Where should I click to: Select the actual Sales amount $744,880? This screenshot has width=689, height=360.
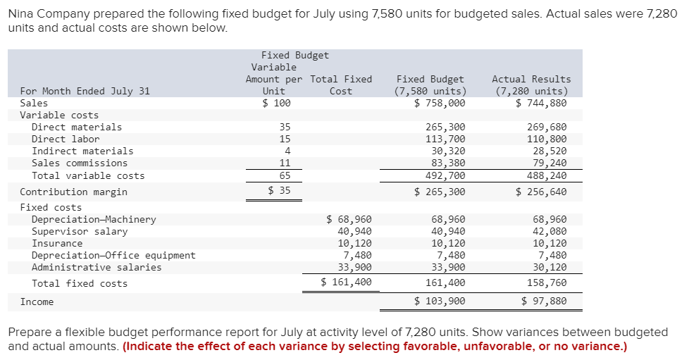[x=541, y=104]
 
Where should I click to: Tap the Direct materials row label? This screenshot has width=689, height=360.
[x=77, y=128]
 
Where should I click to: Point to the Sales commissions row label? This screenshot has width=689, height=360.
[x=80, y=163]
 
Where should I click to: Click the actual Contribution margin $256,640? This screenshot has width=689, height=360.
[x=541, y=192]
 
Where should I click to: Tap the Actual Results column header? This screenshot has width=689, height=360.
[x=531, y=79]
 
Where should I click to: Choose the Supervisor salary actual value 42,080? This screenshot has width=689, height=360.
[x=550, y=231]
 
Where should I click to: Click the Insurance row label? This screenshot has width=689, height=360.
[x=57, y=243]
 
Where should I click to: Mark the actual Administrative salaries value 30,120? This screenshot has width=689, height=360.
[x=550, y=267]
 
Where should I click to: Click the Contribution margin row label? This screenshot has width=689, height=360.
[x=74, y=192]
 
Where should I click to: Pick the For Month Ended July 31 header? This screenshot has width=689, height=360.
[x=85, y=91]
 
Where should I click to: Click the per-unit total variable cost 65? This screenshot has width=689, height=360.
[x=285, y=175]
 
